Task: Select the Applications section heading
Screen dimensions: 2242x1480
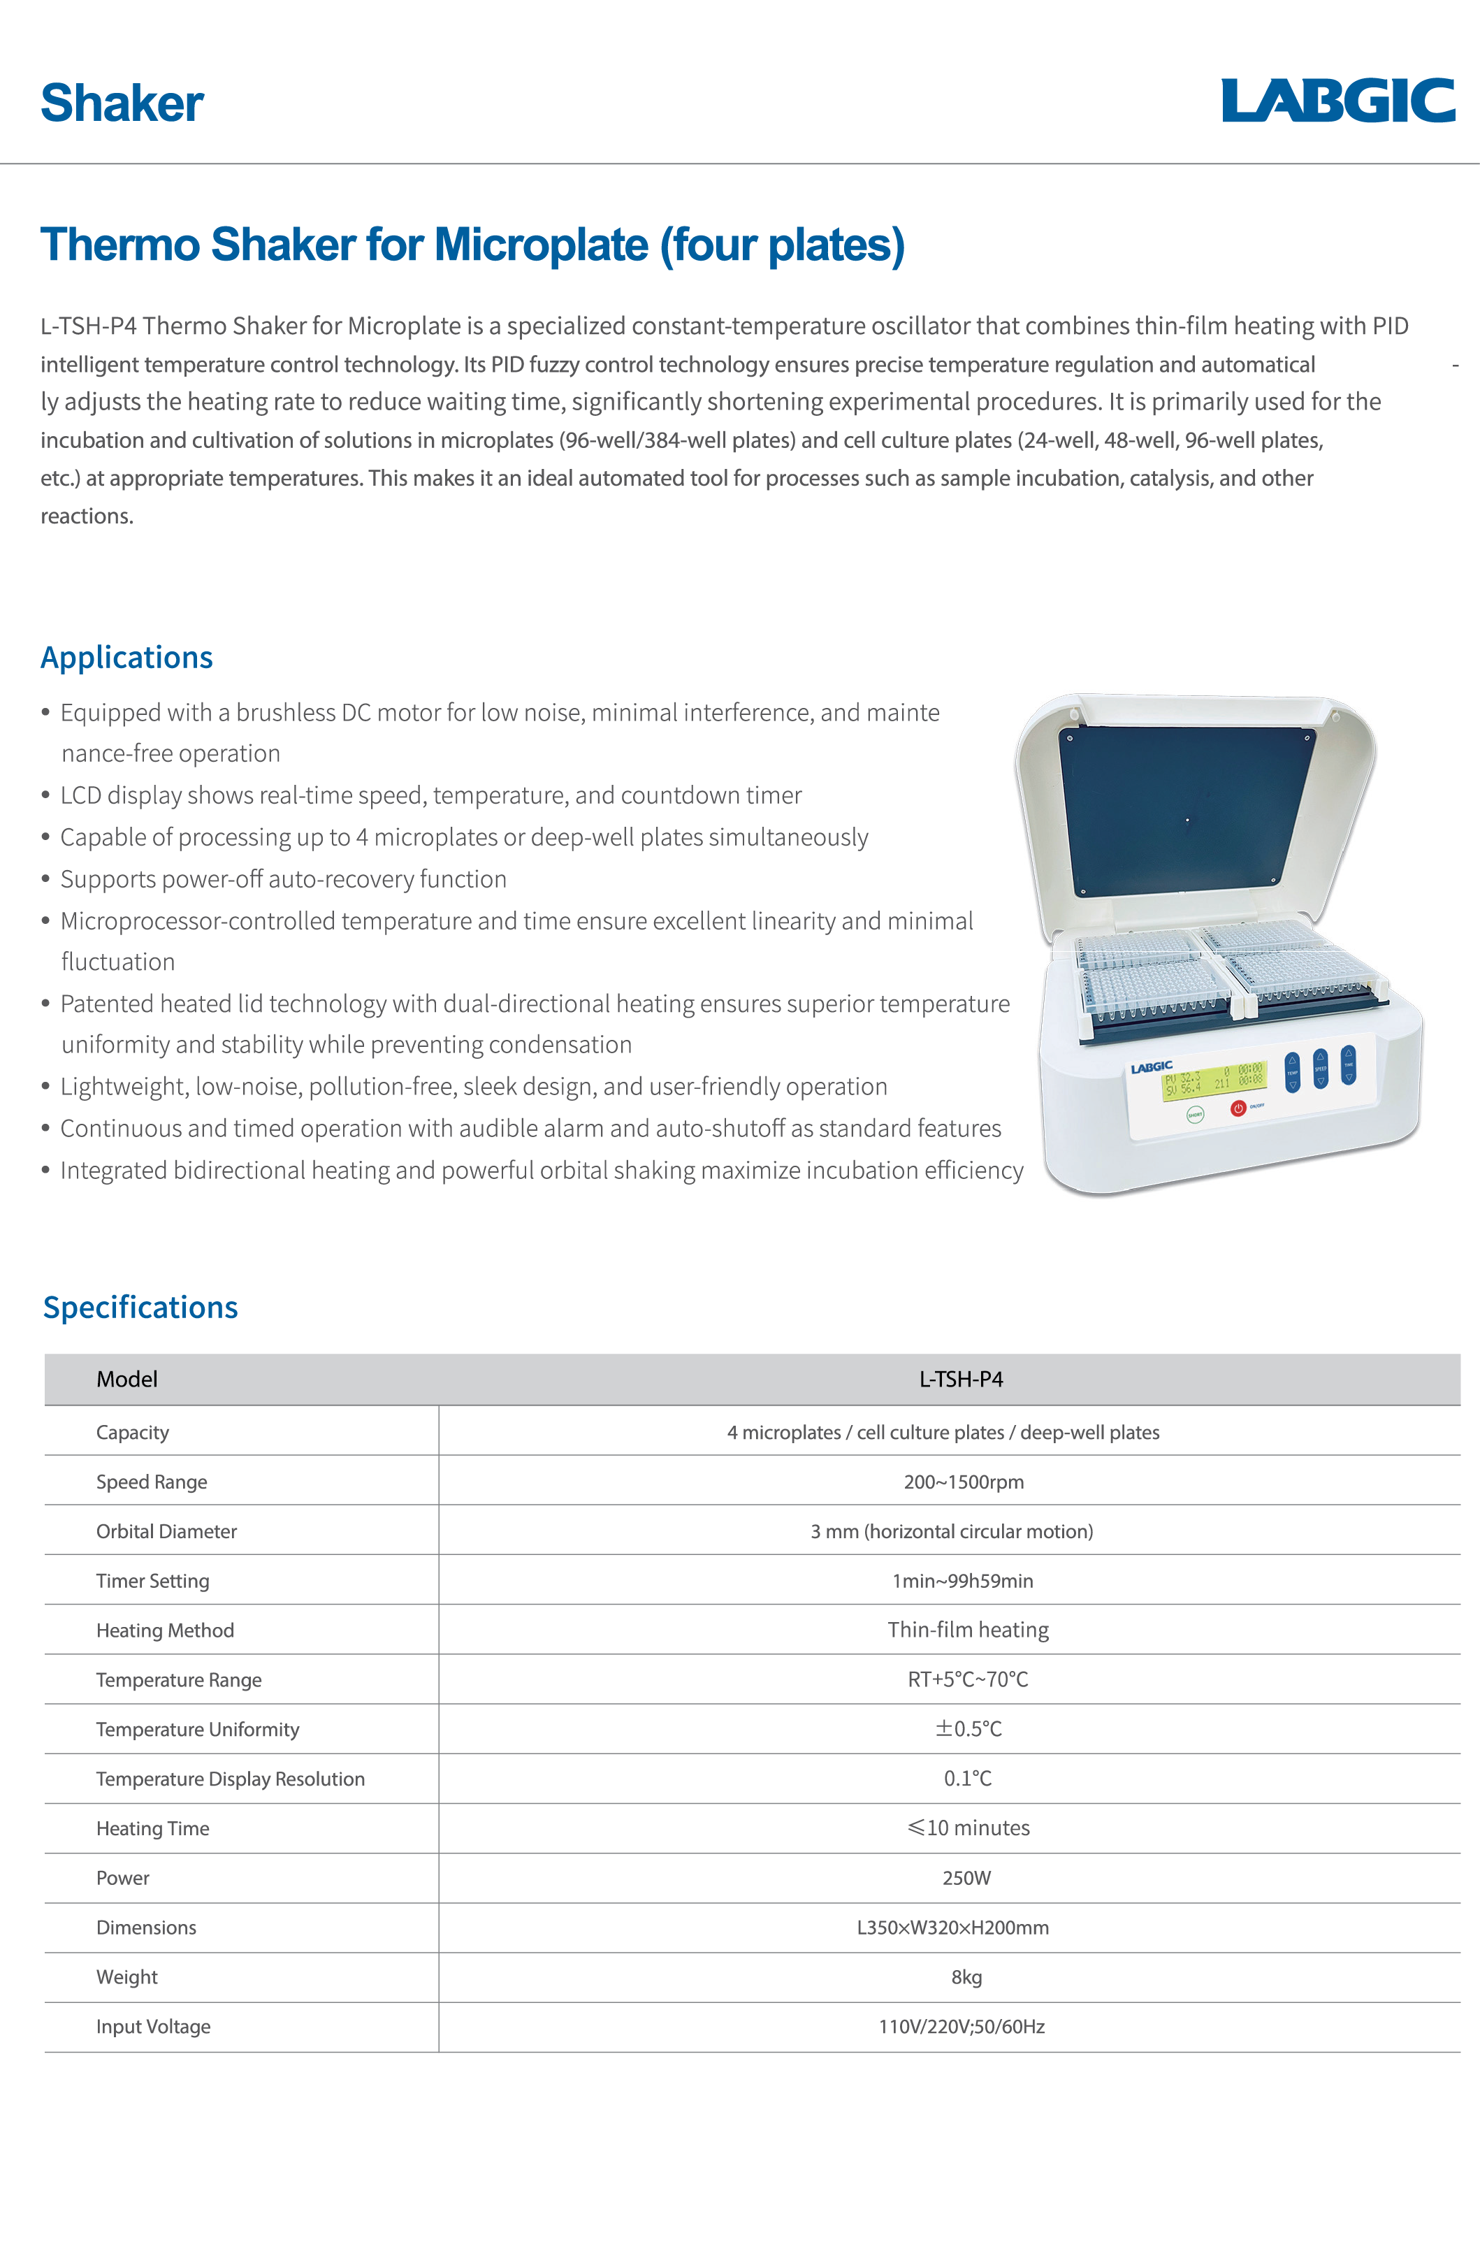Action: pyautogui.click(x=126, y=657)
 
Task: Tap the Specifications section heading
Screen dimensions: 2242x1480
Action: pyautogui.click(x=140, y=1308)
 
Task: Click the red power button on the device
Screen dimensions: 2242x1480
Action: pyautogui.click(x=1238, y=1108)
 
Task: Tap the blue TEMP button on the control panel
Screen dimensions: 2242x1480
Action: pyautogui.click(x=1292, y=1072)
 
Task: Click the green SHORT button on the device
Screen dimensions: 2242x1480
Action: pyautogui.click(x=1195, y=1115)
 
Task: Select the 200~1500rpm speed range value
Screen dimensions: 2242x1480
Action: pyautogui.click(x=964, y=1482)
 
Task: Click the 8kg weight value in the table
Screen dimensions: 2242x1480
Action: pyautogui.click(x=966, y=1976)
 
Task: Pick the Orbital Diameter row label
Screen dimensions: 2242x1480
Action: pyautogui.click(x=166, y=1531)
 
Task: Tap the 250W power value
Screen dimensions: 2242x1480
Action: pyautogui.click(x=966, y=1878)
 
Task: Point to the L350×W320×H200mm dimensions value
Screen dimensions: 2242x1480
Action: pyautogui.click(x=952, y=1928)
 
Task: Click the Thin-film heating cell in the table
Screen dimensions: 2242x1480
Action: pyautogui.click(x=968, y=1630)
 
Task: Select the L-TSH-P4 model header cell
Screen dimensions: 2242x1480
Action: pyautogui.click(x=961, y=1379)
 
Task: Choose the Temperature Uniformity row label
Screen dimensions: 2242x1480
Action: pyautogui.click(x=197, y=1730)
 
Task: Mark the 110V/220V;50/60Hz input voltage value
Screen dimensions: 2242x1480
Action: pyautogui.click(x=962, y=2027)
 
